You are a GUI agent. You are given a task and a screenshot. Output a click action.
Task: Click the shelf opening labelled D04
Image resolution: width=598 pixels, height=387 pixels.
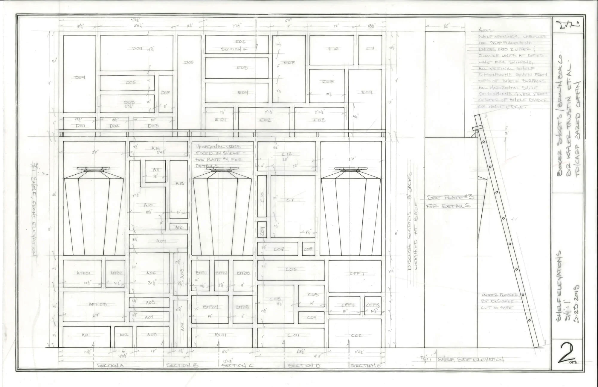(80, 77)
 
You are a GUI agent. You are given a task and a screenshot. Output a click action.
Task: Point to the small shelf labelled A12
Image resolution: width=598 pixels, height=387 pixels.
(179, 227)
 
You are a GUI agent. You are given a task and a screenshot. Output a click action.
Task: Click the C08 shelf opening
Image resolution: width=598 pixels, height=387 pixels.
(308, 249)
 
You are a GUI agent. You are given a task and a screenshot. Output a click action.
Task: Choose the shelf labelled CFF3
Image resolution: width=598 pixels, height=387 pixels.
(373, 306)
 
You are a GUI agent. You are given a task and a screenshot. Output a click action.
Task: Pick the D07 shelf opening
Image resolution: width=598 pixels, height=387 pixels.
(165, 93)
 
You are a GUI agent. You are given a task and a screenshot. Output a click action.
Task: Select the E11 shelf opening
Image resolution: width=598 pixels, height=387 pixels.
(370, 48)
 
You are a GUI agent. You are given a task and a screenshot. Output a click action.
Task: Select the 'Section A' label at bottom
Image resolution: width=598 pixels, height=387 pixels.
(110, 365)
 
